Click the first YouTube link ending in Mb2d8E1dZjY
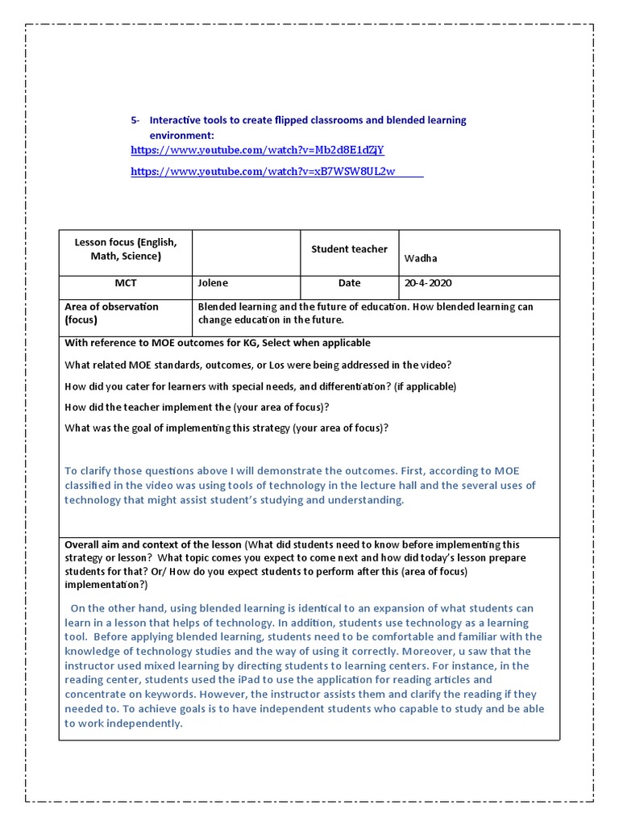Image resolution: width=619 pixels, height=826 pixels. [257, 150]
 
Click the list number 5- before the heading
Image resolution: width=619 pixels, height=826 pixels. [135, 120]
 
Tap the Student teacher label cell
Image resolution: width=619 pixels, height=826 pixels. [349, 249]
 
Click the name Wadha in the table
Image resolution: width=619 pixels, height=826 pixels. [421, 258]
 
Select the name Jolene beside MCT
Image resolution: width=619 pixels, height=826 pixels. [213, 283]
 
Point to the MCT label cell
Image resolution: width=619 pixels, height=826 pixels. [126, 283]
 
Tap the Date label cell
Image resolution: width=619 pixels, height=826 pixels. [349, 283]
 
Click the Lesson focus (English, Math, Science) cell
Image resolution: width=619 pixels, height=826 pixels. [126, 249]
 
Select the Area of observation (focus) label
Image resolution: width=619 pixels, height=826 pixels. [111, 313]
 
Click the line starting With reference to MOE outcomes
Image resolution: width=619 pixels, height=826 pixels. [218, 343]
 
